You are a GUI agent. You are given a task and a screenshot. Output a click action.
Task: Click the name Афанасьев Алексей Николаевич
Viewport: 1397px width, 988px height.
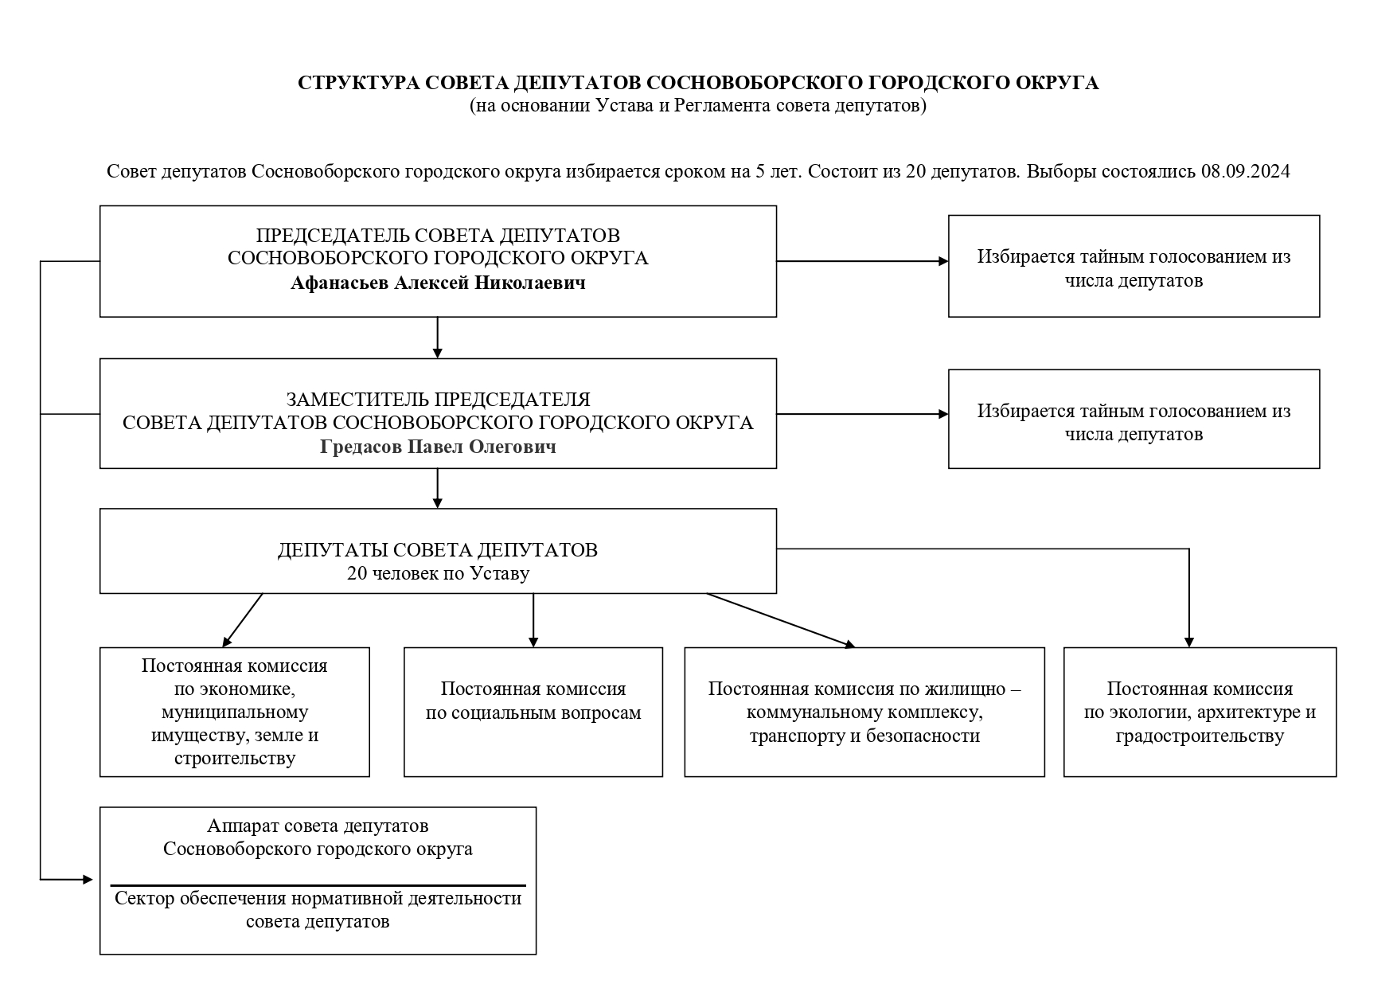point(438,283)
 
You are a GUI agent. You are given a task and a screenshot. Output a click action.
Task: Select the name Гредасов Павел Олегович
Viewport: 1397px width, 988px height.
point(438,447)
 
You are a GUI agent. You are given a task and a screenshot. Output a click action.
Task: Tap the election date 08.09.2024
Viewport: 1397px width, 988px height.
point(1245,172)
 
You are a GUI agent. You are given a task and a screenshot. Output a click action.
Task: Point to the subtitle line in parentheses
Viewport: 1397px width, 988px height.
point(698,106)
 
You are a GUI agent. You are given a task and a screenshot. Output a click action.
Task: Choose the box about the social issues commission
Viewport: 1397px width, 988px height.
point(533,712)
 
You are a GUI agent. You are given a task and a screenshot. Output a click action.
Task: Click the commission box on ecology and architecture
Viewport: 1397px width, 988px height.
point(1200,712)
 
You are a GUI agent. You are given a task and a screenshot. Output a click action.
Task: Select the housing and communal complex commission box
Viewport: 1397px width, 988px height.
point(864,712)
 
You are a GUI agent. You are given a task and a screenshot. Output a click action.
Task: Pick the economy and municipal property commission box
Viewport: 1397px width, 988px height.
point(235,712)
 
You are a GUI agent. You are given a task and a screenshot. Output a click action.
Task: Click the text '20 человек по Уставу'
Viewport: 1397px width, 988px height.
point(438,573)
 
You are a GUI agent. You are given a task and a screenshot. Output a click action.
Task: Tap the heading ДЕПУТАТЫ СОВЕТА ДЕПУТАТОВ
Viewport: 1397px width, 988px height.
point(438,550)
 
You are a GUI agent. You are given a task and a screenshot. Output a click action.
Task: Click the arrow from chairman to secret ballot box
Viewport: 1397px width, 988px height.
point(863,261)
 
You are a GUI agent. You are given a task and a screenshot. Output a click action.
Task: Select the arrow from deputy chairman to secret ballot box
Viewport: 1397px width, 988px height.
point(863,414)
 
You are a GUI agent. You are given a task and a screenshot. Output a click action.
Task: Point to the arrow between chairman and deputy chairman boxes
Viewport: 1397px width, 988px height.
point(437,338)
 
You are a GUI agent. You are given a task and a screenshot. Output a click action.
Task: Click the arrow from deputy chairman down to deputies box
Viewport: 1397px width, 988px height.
point(437,488)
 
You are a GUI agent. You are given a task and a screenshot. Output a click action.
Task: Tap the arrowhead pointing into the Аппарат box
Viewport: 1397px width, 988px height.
point(88,880)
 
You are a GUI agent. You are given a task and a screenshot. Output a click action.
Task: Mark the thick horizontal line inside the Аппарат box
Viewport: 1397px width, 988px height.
point(318,885)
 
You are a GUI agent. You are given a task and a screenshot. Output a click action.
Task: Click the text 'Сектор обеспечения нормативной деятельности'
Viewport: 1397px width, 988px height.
point(318,899)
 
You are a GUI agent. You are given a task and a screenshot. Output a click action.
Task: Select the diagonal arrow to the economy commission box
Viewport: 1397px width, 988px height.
point(243,620)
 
